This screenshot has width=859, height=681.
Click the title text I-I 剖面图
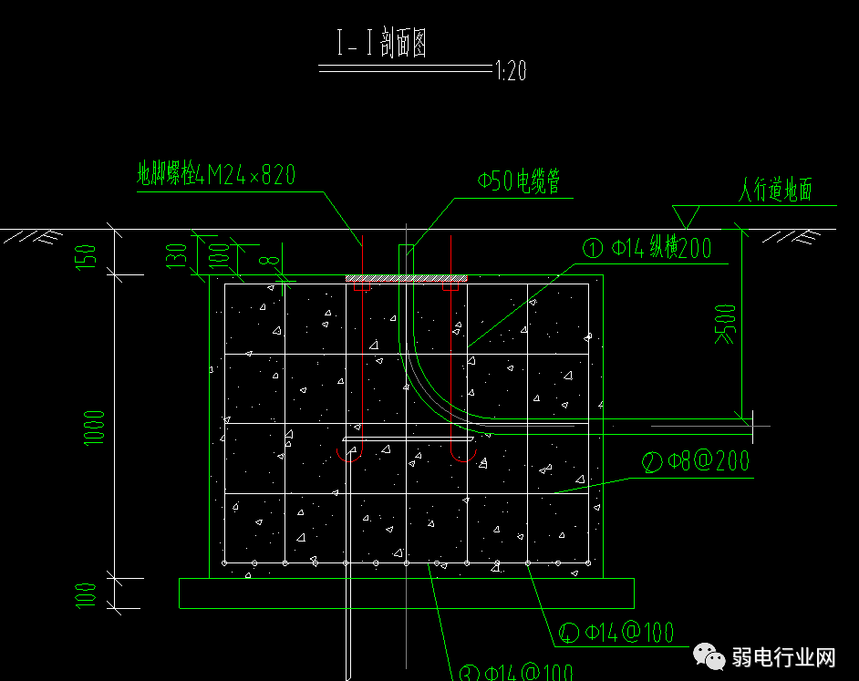[382, 44]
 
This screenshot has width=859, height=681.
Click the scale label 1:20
[511, 71]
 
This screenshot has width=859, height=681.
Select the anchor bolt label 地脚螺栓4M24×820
[216, 175]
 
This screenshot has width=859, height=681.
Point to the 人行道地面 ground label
[774, 191]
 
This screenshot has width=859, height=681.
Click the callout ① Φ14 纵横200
[647, 248]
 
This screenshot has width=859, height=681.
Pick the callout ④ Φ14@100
[616, 632]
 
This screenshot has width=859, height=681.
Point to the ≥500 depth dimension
[725, 325]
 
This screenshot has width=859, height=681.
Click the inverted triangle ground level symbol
[685, 216]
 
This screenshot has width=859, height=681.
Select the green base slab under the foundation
[406, 593]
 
